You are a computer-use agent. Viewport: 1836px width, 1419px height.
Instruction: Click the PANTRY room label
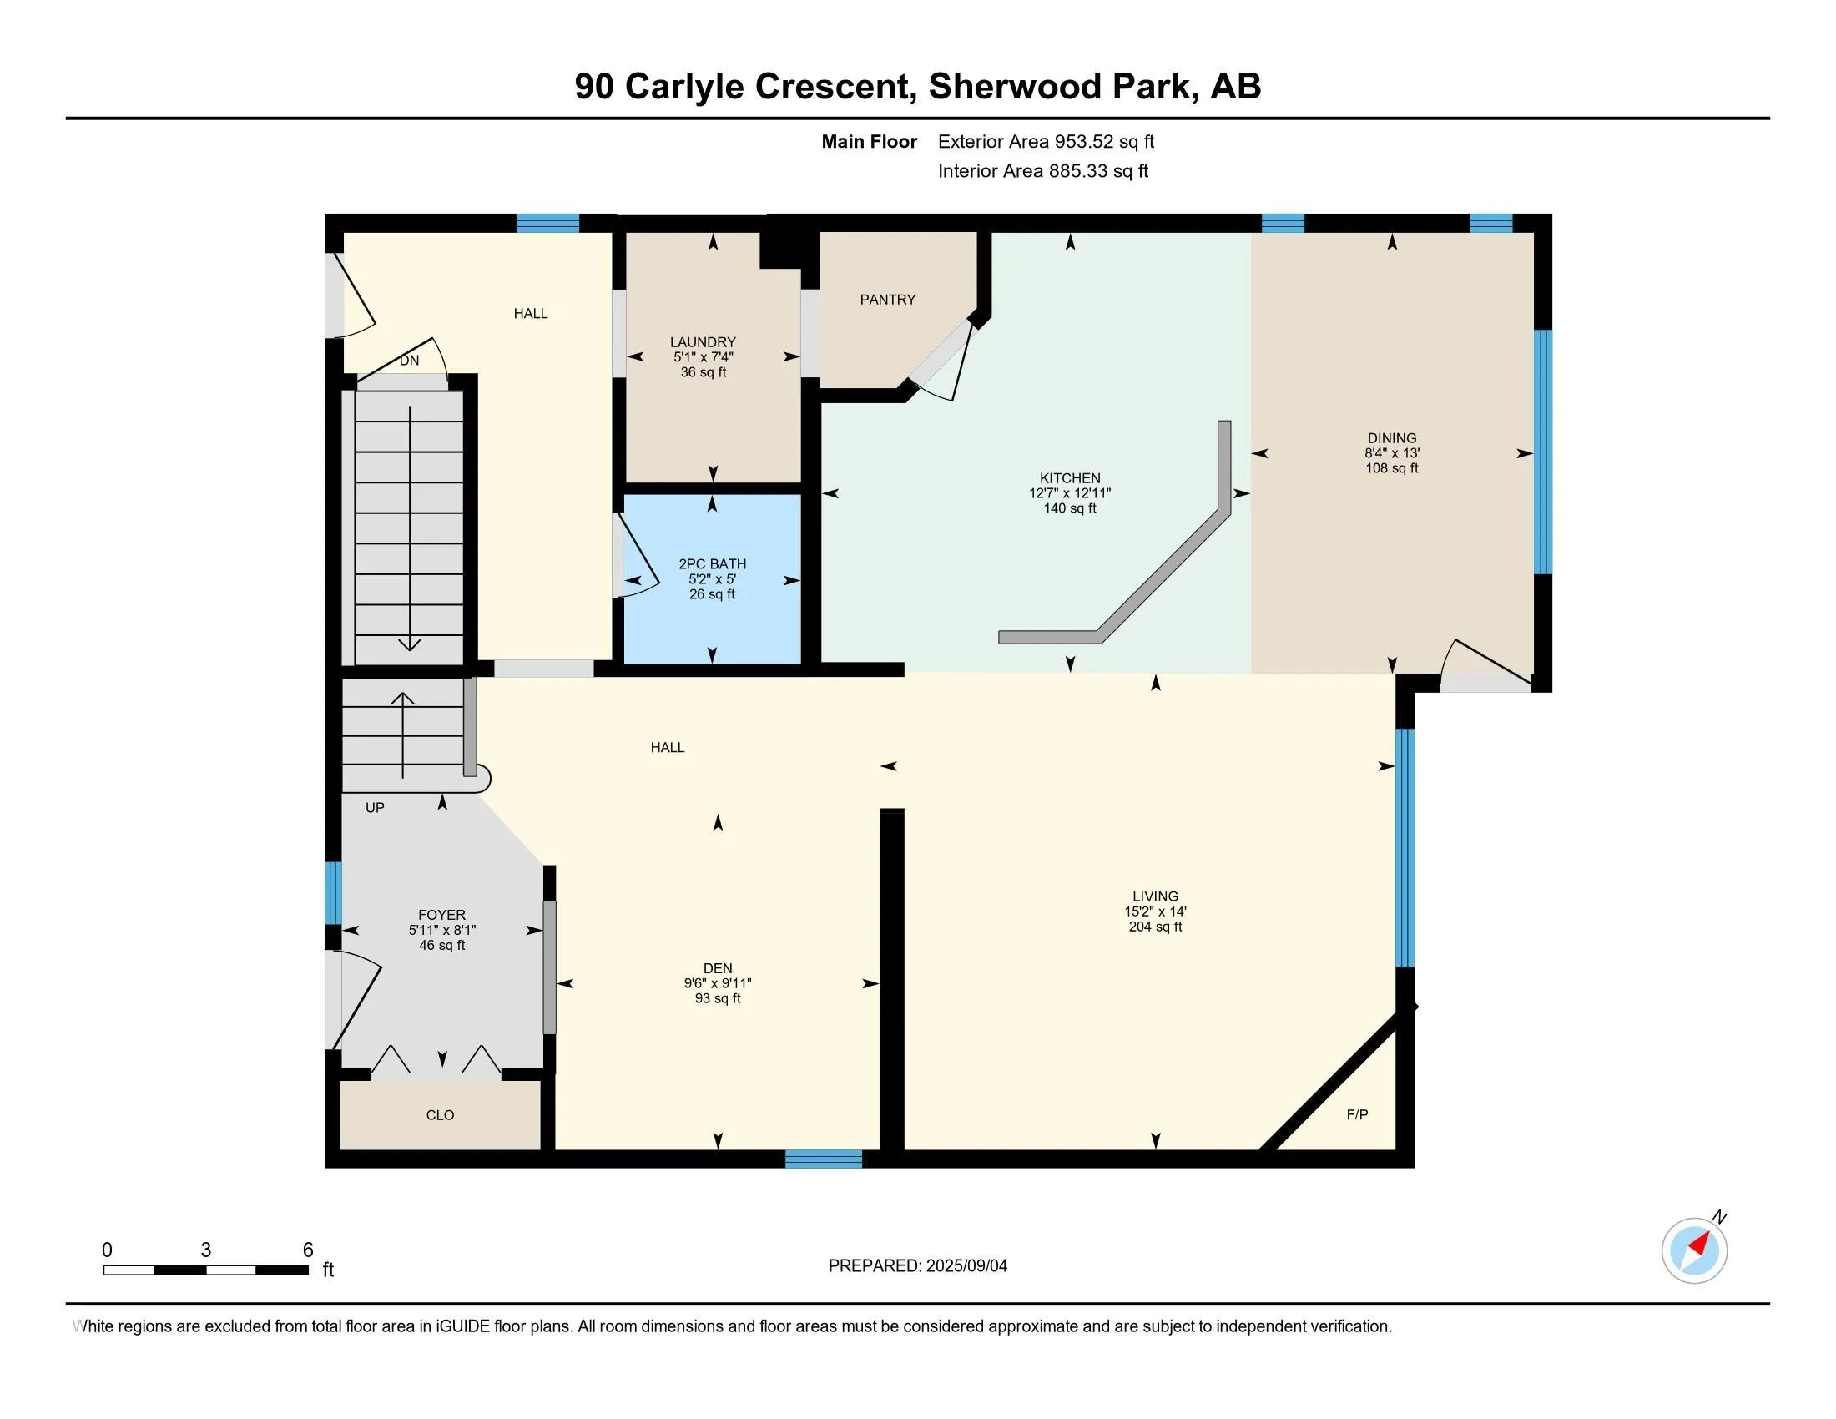click(x=888, y=300)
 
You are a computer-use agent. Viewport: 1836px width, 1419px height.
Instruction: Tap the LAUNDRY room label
click(x=703, y=342)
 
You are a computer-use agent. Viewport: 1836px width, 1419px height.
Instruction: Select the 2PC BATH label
click(x=712, y=564)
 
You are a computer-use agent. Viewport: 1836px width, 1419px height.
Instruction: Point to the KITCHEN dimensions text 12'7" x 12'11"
click(x=1069, y=493)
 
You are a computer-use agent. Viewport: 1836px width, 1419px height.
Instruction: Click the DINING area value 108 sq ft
click(x=1391, y=468)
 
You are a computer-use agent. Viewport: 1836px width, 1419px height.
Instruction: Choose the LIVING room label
click(x=1155, y=896)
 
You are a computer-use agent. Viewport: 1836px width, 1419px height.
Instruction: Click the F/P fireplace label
click(x=1357, y=1114)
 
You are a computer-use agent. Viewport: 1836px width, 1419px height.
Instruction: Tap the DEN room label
click(x=717, y=968)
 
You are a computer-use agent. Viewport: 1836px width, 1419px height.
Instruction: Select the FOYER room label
click(x=441, y=915)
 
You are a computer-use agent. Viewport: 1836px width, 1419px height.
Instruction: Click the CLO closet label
click(x=440, y=1115)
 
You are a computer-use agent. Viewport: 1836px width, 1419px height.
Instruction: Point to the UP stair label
click(x=375, y=808)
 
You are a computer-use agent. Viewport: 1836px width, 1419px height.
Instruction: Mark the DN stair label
click(x=409, y=361)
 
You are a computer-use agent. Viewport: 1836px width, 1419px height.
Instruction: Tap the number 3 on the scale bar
click(x=206, y=1250)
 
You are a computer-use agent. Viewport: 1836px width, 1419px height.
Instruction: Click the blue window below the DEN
click(x=823, y=1159)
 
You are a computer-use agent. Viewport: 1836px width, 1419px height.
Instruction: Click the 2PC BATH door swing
click(x=637, y=555)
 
